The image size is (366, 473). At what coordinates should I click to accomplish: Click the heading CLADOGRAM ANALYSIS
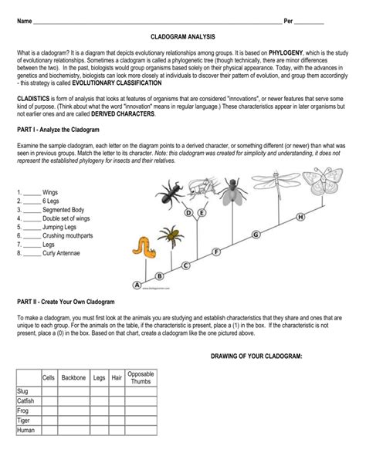[183, 36]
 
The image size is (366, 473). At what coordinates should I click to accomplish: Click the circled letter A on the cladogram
[137, 284]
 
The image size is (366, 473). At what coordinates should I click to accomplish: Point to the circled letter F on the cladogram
[216, 252]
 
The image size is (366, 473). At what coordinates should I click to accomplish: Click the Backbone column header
[73, 377]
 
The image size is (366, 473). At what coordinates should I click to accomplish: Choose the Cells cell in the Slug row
[49, 391]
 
